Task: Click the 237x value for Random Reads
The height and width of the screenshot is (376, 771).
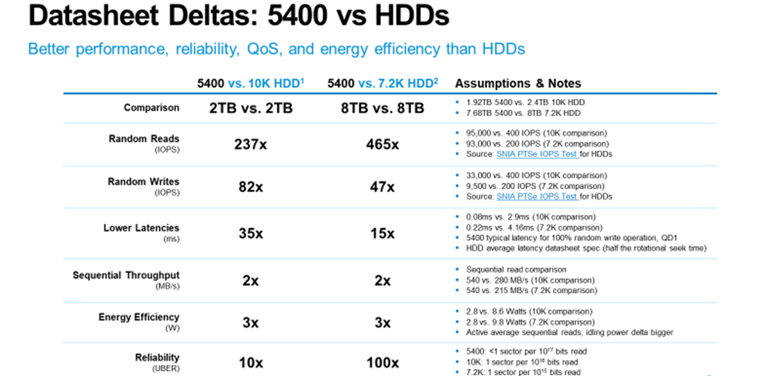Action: pos(249,144)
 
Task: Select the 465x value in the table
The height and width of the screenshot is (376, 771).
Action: pos(382,144)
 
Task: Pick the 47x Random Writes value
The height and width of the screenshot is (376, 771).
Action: pos(382,187)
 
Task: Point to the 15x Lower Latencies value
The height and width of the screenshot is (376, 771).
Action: pos(382,233)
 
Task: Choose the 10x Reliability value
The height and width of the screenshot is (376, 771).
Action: pos(249,362)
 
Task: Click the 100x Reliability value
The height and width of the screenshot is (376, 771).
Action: pos(382,362)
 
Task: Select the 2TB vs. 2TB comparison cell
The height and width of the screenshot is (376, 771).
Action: pos(249,109)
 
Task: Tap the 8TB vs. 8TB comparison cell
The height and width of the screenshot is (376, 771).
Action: pos(382,109)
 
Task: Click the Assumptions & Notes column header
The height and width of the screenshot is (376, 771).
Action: pos(518,84)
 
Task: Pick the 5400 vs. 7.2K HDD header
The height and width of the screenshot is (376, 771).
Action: pos(382,84)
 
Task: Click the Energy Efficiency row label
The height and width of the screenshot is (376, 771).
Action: pos(138,318)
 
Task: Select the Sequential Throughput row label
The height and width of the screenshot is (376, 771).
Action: pos(126,276)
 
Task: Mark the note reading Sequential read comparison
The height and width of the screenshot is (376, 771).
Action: pos(506,269)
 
